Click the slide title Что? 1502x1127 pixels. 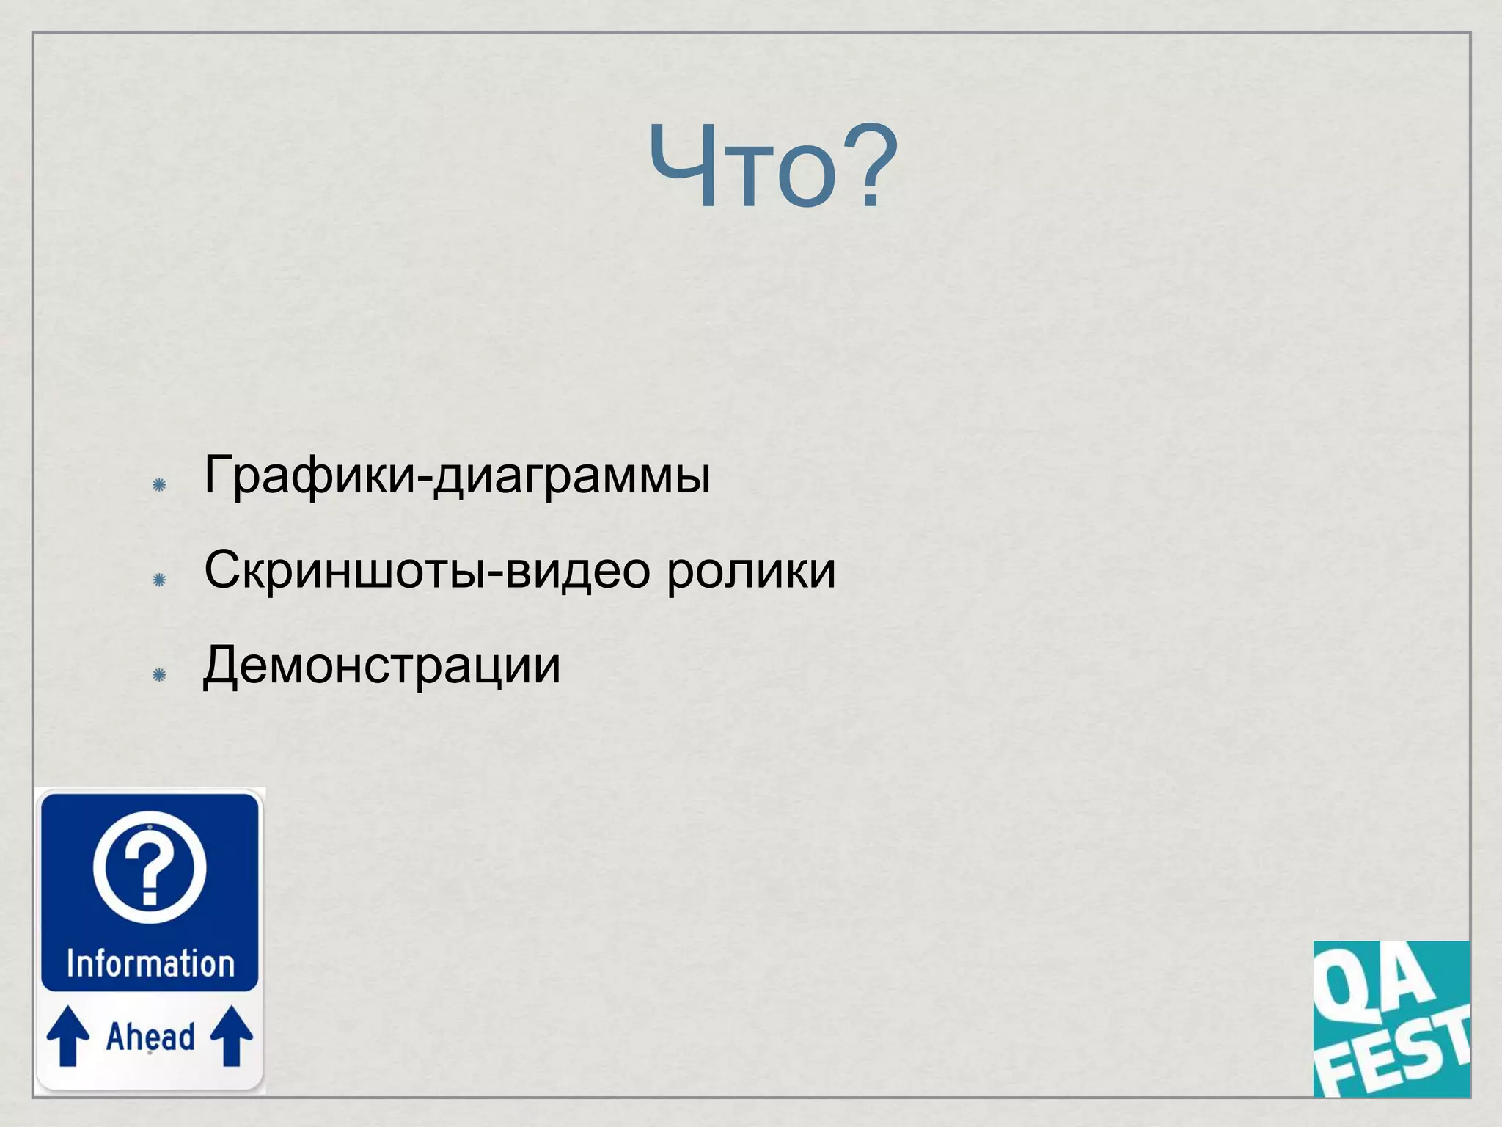[x=773, y=167]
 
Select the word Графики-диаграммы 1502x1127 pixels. [x=457, y=475]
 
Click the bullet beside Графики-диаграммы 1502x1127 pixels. [x=159, y=484]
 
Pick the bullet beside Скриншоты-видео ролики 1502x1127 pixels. [x=159, y=580]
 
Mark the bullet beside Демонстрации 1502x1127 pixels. [x=159, y=675]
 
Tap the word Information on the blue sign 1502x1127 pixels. [x=150, y=963]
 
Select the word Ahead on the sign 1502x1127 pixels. [x=150, y=1037]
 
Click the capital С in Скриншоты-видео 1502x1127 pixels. [x=223, y=570]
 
